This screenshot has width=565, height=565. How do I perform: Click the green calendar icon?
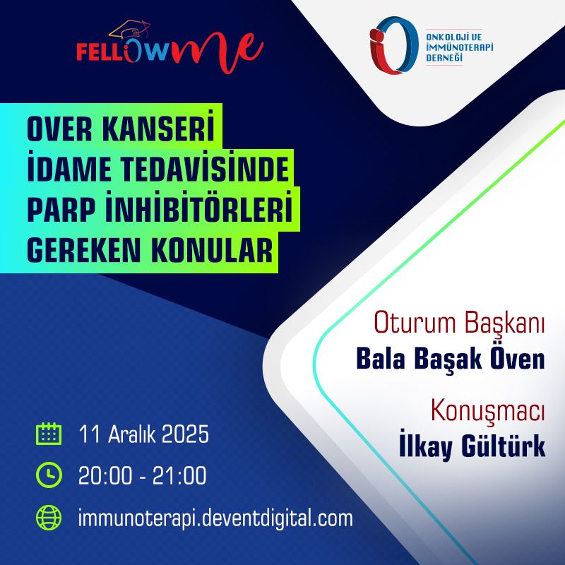49,434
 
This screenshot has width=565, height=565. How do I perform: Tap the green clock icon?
49,475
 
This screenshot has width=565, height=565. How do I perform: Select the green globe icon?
49,518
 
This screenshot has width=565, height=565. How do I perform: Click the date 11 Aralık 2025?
144,434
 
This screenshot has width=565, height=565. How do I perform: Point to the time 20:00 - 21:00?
143,475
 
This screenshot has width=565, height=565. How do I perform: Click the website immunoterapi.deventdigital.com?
215,518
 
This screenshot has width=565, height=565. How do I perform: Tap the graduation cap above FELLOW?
130,30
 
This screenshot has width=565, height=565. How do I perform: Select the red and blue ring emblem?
394,45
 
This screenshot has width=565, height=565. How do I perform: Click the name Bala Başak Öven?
451,358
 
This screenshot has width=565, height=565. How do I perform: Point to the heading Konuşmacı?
488,410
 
